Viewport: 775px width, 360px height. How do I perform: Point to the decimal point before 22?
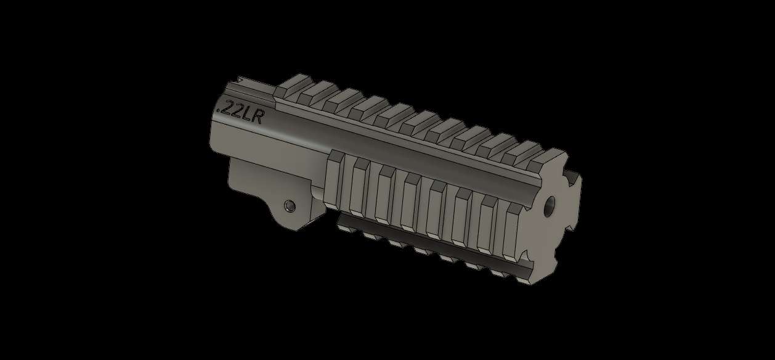217,111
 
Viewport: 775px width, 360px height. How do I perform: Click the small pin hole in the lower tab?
288,205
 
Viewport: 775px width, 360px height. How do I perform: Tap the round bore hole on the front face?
550,205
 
